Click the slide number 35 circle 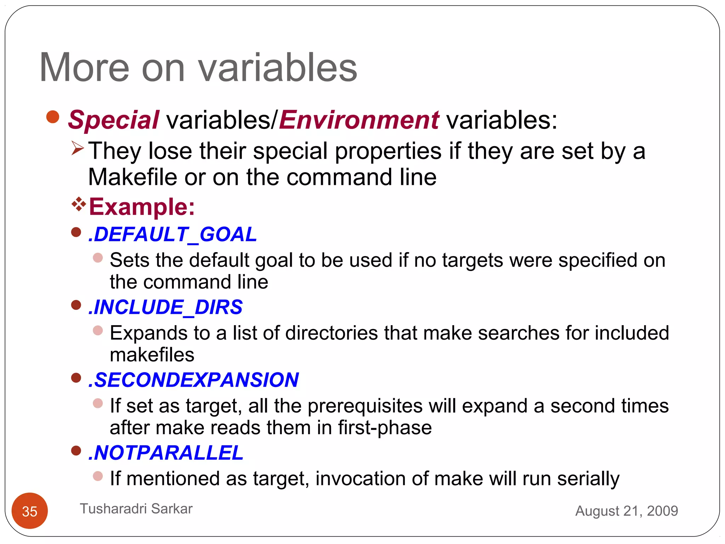(30, 511)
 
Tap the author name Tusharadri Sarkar (136, 509)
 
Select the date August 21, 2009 (627, 511)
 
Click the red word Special (114, 120)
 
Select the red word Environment (359, 120)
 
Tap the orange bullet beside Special (53, 117)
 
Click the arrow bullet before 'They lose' (78, 148)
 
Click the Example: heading (142, 206)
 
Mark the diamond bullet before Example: (79, 204)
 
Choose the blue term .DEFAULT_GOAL (173, 234)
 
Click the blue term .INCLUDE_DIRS (166, 307)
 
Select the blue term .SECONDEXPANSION (194, 380)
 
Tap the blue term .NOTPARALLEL (166, 453)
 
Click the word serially (588, 478)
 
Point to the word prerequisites (365, 406)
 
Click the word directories (332, 333)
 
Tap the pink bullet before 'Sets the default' (98, 257)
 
